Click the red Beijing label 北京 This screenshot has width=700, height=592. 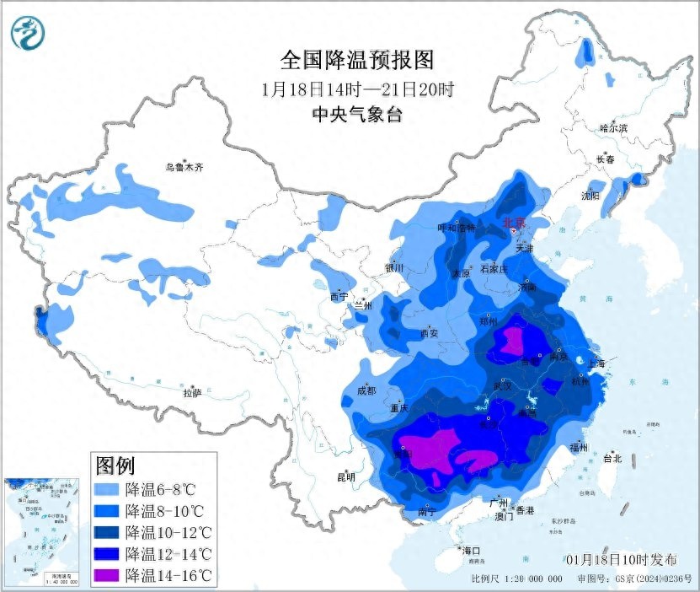tap(513, 223)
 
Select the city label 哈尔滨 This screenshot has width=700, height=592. tap(614, 128)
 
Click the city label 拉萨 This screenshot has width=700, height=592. tap(192, 392)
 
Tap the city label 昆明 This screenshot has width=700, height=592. tap(346, 476)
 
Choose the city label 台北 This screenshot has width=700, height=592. tap(612, 459)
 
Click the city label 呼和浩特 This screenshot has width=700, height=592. tap(457, 228)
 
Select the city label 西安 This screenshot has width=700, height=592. tap(429, 333)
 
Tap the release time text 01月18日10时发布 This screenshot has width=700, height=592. tap(621, 560)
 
